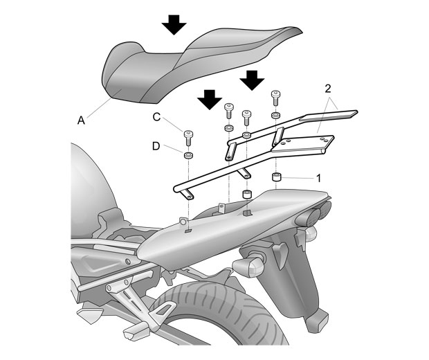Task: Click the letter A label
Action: coord(82,120)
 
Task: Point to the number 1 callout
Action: coord(318,178)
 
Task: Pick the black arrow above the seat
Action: coord(174,25)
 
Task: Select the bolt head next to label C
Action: coord(188,134)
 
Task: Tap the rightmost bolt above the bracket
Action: coord(275,96)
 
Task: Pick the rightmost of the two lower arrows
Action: coord(253,81)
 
